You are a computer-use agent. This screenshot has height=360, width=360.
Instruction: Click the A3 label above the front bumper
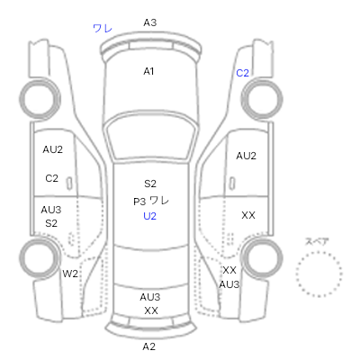[x=150, y=22]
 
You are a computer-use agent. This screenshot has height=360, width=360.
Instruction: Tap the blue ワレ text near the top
[x=103, y=29]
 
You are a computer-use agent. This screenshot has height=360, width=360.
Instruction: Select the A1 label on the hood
[x=148, y=71]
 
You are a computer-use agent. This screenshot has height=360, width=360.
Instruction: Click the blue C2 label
[x=242, y=73]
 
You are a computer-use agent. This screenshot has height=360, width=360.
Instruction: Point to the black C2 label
[x=51, y=178]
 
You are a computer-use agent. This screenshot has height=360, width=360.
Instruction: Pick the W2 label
[x=70, y=274]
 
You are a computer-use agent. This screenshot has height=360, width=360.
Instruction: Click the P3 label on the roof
[x=139, y=202]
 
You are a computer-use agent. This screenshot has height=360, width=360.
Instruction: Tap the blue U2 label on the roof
[x=149, y=216]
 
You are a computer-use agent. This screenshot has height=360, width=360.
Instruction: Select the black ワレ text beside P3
[x=159, y=201]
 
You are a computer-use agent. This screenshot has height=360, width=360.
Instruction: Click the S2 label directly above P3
[x=150, y=184]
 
